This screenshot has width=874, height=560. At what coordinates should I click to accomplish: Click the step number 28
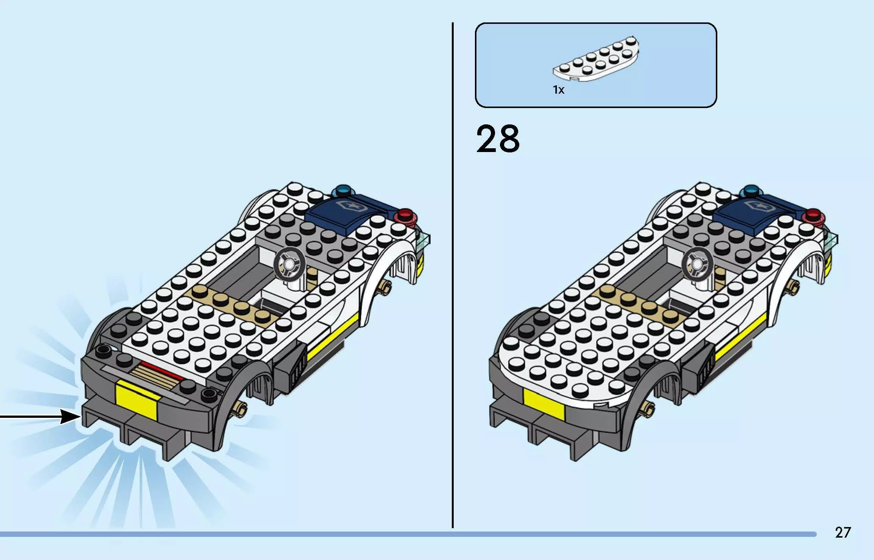tap(498, 139)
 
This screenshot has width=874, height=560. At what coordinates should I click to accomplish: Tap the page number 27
tap(843, 533)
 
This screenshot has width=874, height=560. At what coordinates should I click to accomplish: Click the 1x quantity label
tap(558, 90)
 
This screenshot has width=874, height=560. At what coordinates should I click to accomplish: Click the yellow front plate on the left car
tap(137, 400)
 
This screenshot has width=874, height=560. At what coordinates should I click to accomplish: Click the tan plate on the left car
tap(231, 303)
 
